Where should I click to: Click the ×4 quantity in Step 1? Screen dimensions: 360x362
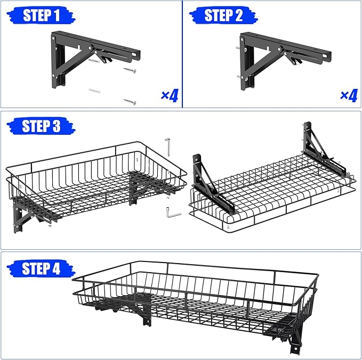(x=170, y=96)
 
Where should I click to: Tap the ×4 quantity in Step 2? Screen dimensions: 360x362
(x=348, y=96)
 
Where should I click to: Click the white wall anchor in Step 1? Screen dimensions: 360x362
(x=96, y=92)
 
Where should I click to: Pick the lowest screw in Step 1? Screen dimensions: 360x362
(x=130, y=101)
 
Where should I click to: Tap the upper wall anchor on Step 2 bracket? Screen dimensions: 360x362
(x=235, y=49)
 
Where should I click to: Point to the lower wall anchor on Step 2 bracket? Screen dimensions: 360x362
(x=235, y=77)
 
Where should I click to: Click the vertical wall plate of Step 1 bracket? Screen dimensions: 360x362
(x=55, y=61)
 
